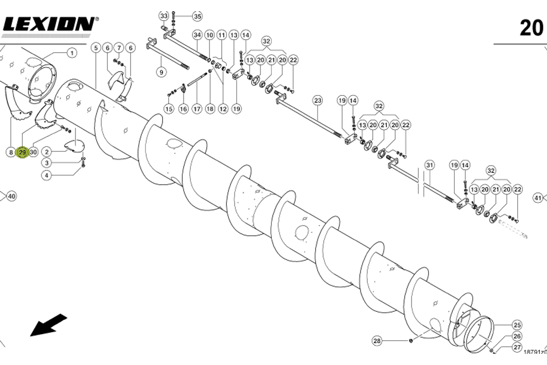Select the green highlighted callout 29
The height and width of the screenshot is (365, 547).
coord(22,152)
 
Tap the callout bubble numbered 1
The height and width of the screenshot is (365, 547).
coord(71,53)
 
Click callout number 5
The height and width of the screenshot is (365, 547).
coord(96,48)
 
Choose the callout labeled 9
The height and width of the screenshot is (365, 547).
coord(161,72)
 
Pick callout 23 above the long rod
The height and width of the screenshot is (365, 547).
coord(318,100)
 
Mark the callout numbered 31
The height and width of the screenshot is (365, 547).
coord(429,165)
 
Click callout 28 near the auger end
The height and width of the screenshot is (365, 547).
coord(377,341)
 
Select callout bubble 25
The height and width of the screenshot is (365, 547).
coord(517,325)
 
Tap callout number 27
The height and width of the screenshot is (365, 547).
coord(517,348)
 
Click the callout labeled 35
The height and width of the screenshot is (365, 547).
coord(197,17)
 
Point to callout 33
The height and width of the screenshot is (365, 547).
coord(164,16)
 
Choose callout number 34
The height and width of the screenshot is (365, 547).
coord(198,35)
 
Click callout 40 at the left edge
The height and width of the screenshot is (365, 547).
coord(11,196)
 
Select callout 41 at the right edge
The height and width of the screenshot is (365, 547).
coord(538,198)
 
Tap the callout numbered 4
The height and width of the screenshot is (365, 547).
coord(47,175)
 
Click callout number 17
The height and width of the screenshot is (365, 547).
coord(197,108)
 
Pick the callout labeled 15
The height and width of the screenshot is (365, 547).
coord(169,108)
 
